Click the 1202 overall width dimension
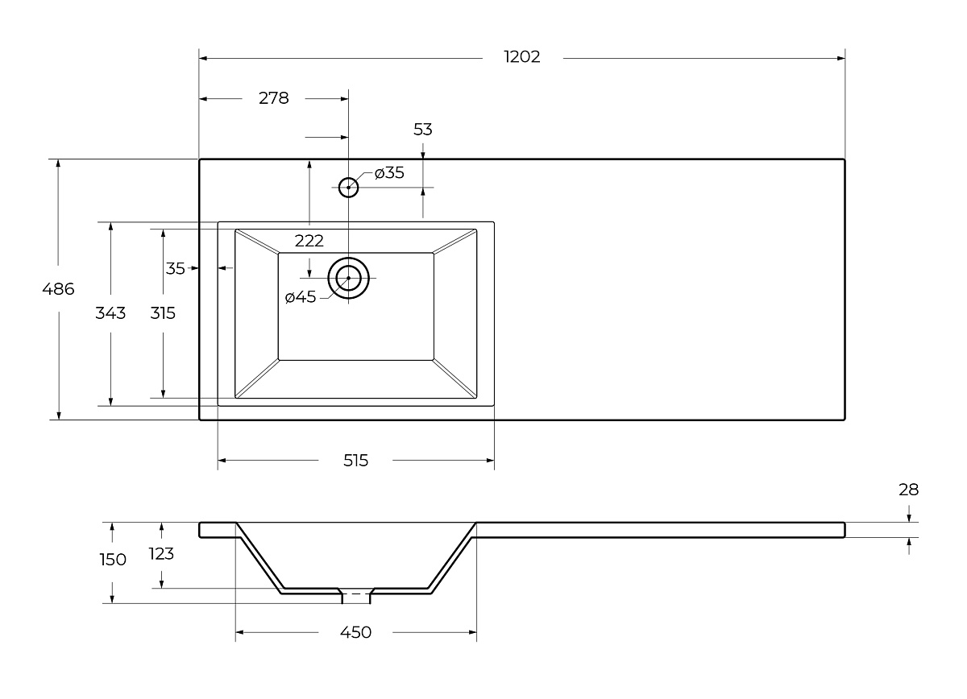point(522,57)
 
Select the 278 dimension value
point(274,98)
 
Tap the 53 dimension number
point(422,130)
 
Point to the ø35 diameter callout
point(389,173)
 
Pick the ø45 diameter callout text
point(301,297)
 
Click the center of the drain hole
point(348,278)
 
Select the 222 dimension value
point(309,241)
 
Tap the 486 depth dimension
point(58,289)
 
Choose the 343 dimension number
point(110,313)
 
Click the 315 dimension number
point(163,313)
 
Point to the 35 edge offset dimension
point(176,268)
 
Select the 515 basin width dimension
point(355,461)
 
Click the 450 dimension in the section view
point(355,632)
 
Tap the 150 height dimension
point(113,560)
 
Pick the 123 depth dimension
point(161,553)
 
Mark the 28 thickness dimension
point(909,490)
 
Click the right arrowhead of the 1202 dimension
point(841,58)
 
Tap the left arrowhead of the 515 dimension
point(222,461)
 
